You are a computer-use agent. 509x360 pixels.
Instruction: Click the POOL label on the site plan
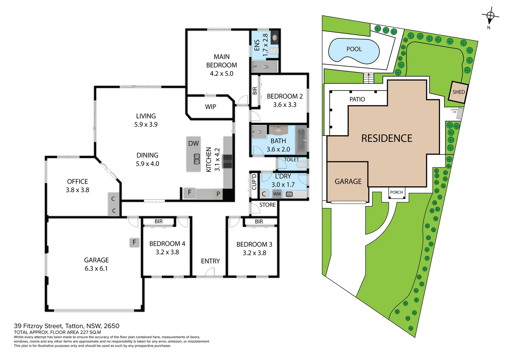point(354,49)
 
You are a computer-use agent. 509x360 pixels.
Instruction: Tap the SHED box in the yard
point(458,92)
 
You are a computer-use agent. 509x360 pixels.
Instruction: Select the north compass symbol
point(490,16)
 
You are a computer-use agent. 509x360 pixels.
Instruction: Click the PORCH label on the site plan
point(396,192)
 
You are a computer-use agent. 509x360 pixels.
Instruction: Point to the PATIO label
point(357,99)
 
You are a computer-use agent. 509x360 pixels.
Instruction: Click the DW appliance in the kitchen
point(194,144)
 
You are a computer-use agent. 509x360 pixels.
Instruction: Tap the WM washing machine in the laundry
point(277,194)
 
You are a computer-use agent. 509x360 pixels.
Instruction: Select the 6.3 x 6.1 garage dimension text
point(96,269)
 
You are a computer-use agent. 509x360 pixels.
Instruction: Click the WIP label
point(211,107)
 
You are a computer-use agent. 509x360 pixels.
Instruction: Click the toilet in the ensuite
point(273,51)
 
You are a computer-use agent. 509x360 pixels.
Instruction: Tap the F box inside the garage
point(134,242)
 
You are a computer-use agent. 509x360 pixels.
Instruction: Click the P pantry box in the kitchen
point(218,194)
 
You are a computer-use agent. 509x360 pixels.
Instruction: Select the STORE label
point(267,205)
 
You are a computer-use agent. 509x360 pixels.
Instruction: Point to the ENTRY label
point(210,261)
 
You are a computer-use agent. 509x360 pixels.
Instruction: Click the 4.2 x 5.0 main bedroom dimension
point(222,74)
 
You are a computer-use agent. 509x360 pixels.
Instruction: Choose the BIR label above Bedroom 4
point(159,221)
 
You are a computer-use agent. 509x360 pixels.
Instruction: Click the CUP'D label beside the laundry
point(254,182)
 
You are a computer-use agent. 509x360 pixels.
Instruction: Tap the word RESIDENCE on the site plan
point(387,138)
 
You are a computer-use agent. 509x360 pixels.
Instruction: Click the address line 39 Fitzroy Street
point(66,326)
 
